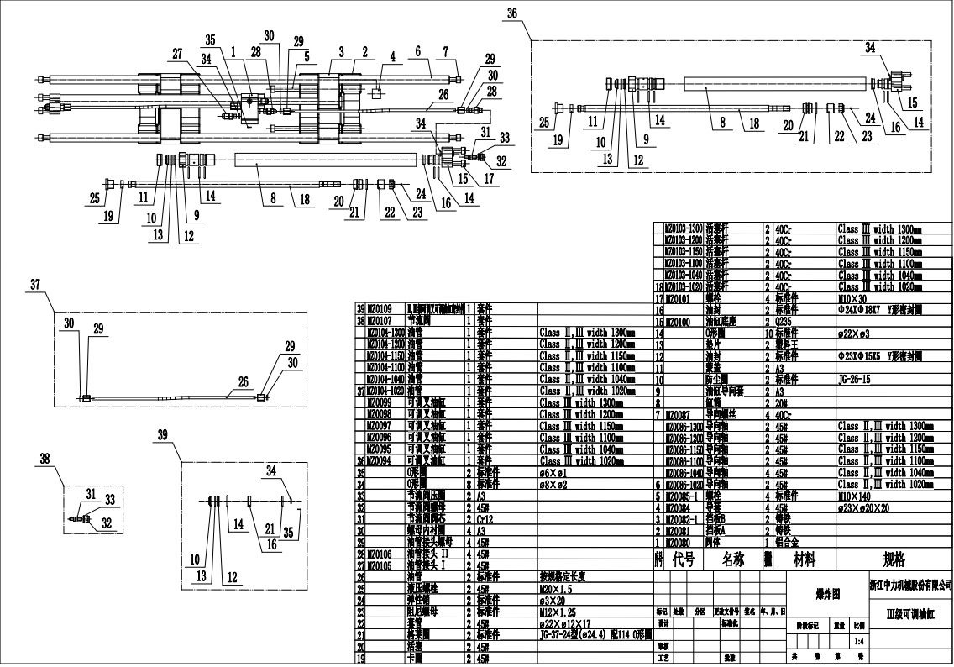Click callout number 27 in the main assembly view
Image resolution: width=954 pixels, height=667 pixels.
[177, 53]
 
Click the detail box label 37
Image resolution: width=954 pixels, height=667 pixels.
[34, 285]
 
